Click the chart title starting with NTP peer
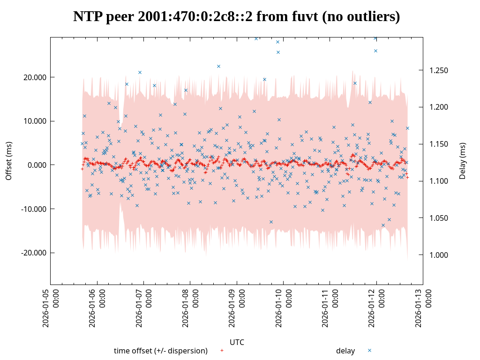pyautogui.click(x=236, y=17)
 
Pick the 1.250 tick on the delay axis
pyautogui.click(x=439, y=71)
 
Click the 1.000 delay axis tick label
pyautogui.click(x=439, y=255)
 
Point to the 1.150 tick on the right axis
pyautogui.click(x=439, y=144)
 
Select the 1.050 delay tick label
pyautogui.click(x=439, y=218)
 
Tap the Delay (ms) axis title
pyautogui.click(x=463, y=161)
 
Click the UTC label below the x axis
pyautogui.click(x=237, y=343)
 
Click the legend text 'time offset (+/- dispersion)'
pyautogui.click(x=161, y=351)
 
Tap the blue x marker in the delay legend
pyautogui.click(x=369, y=351)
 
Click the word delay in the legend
pyautogui.click(x=345, y=351)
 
